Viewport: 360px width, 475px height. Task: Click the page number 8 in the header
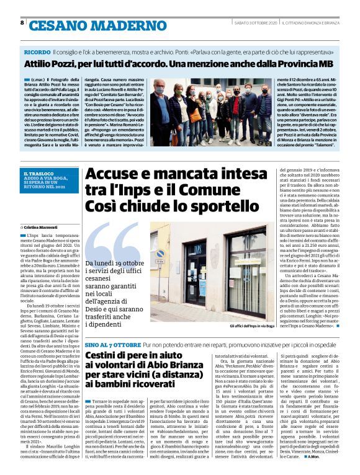pyautogui.click(x=23, y=23)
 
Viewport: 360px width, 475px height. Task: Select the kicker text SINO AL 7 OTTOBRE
pyautogui.click(x=112, y=343)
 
